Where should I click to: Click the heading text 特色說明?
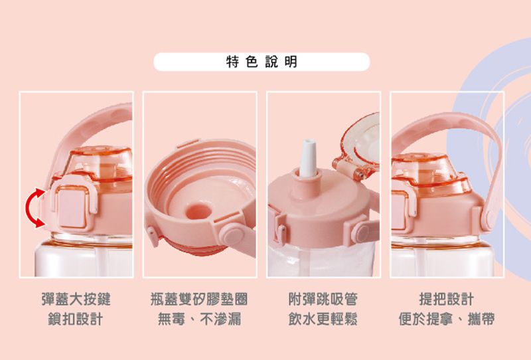(262, 62)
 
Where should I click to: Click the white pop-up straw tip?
(307, 157)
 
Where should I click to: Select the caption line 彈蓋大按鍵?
(76, 300)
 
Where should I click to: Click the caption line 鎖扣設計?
(76, 319)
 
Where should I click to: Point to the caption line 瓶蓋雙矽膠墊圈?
(199, 300)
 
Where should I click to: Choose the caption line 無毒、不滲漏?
(199, 319)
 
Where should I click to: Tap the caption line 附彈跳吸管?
(323, 300)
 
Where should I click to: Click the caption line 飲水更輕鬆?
(323, 319)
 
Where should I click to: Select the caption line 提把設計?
(447, 300)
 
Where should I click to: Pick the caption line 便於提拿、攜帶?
(447, 319)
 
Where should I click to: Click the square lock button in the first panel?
(73, 207)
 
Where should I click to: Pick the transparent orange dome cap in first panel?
(100, 163)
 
